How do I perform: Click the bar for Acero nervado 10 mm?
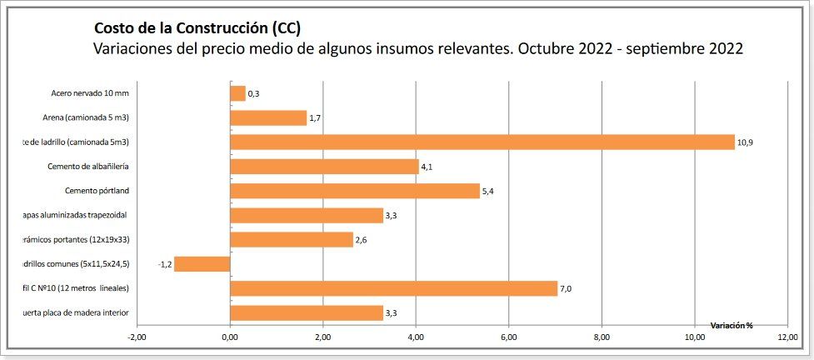click(x=237, y=93)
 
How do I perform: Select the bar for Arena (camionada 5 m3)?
click(x=267, y=118)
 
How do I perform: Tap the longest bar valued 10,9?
click(x=482, y=142)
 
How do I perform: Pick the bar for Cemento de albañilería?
click(x=324, y=167)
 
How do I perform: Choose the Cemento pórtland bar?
click(x=354, y=191)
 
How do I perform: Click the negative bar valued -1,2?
click(x=202, y=264)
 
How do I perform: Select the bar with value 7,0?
click(x=393, y=288)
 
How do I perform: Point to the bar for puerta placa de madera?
click(x=306, y=313)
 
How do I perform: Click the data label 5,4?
click(x=489, y=192)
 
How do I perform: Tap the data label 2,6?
click(x=362, y=240)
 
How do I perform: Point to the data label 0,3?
click(x=253, y=94)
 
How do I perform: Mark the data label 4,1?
click(x=427, y=167)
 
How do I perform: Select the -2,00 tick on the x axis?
click(x=136, y=337)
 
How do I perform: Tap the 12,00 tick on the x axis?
click(x=787, y=337)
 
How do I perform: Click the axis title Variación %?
click(x=731, y=325)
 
